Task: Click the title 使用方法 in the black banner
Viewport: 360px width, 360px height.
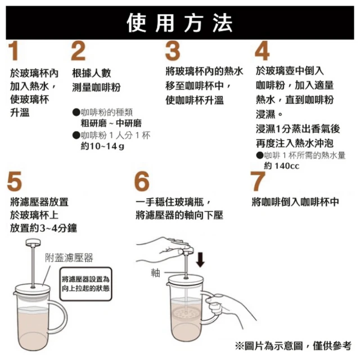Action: (x=180, y=23)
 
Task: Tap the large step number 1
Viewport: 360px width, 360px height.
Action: (x=13, y=51)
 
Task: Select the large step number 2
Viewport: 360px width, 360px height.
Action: (x=78, y=51)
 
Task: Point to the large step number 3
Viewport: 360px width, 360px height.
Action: (x=173, y=51)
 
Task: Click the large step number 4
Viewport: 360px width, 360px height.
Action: (x=262, y=51)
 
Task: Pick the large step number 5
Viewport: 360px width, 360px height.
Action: (x=15, y=181)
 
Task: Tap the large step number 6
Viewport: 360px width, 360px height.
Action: (x=142, y=181)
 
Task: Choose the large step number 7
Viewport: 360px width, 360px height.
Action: (x=258, y=181)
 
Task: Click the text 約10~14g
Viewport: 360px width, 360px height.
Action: (x=102, y=146)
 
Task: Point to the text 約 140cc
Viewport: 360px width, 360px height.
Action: (x=282, y=166)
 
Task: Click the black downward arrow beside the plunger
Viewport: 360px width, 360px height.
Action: (x=200, y=260)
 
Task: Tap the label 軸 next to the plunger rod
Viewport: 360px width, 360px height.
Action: (x=155, y=273)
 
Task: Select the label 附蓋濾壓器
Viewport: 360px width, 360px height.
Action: (x=69, y=258)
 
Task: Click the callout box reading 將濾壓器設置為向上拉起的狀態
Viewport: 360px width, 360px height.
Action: (x=86, y=284)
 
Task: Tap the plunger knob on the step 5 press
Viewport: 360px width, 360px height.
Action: (x=33, y=242)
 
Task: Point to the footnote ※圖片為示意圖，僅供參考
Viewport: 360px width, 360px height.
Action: (x=293, y=346)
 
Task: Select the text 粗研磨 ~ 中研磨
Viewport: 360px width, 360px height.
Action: (x=111, y=123)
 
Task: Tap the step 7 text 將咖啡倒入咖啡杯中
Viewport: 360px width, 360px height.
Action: (x=295, y=202)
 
